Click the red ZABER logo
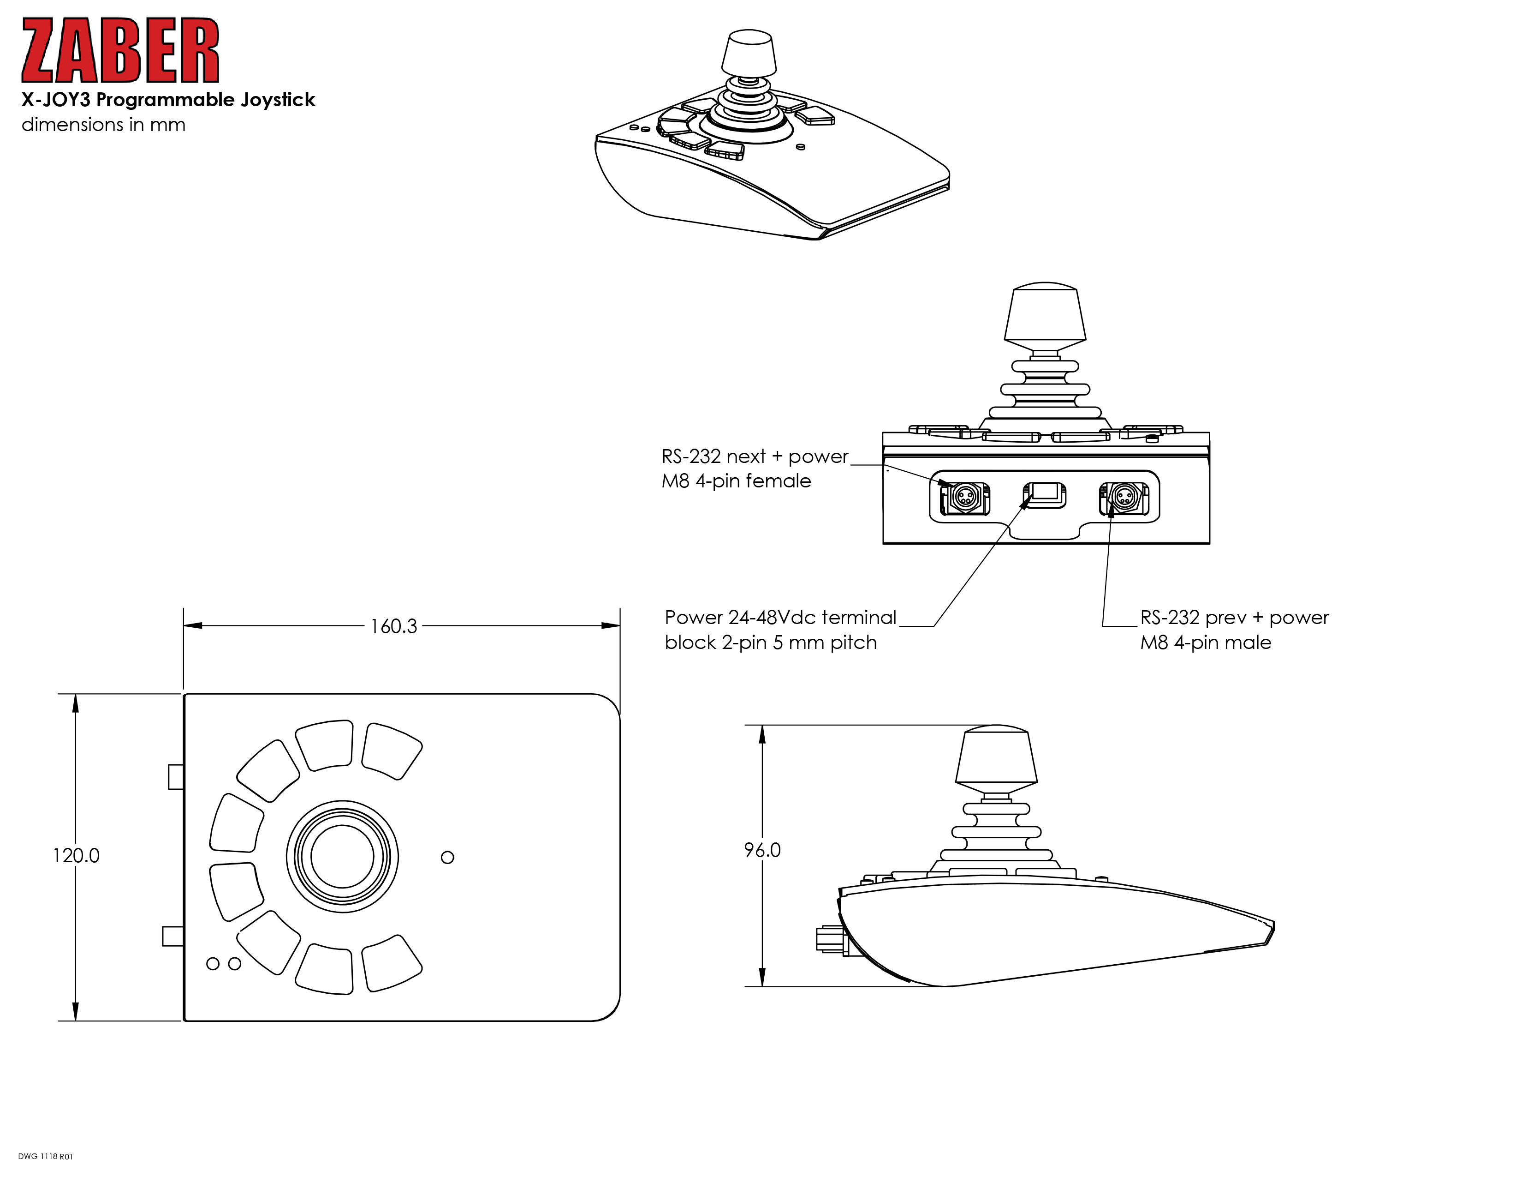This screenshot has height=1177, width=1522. [x=120, y=50]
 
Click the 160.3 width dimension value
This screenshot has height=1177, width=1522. [x=394, y=626]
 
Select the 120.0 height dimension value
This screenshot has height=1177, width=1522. [x=77, y=856]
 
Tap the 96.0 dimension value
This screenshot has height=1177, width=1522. [x=762, y=850]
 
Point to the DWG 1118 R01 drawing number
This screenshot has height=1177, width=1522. [x=45, y=1156]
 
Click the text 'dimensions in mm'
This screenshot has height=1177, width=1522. [x=104, y=125]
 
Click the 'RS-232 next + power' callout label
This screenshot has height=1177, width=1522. [x=755, y=456]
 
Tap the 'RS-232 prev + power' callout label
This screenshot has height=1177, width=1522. [x=1234, y=618]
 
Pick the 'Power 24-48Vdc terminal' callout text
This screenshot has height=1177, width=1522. [x=780, y=618]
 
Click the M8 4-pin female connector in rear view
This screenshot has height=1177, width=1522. [x=964, y=498]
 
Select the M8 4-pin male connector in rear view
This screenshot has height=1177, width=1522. [x=1124, y=498]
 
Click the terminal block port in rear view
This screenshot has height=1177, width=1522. [x=1044, y=494]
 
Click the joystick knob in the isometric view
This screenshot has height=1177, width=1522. [x=749, y=54]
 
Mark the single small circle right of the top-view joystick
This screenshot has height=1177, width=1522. [x=447, y=857]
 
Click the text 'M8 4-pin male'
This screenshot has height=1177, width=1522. [x=1206, y=643]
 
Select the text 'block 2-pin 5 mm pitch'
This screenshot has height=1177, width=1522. [x=771, y=643]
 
